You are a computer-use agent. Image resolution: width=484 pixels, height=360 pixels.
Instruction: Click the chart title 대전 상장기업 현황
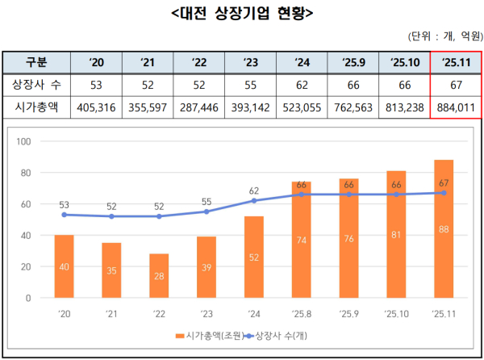(x=242, y=14)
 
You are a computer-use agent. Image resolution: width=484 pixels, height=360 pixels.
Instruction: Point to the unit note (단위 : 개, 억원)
(x=444, y=36)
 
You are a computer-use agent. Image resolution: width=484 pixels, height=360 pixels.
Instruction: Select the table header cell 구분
(x=36, y=62)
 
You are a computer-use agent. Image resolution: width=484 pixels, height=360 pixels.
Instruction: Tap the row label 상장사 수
(x=36, y=84)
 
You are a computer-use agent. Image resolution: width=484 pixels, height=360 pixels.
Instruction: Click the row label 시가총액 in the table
(x=36, y=106)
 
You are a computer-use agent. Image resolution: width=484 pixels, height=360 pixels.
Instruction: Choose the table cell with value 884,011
(x=456, y=106)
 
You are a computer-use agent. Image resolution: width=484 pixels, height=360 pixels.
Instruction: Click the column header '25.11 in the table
(x=456, y=62)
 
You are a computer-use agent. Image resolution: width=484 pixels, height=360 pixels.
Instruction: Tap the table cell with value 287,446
(x=198, y=106)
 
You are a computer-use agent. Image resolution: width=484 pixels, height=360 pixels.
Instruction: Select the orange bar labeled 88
(x=444, y=229)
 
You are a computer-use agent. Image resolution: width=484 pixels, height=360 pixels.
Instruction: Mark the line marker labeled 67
(x=444, y=193)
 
